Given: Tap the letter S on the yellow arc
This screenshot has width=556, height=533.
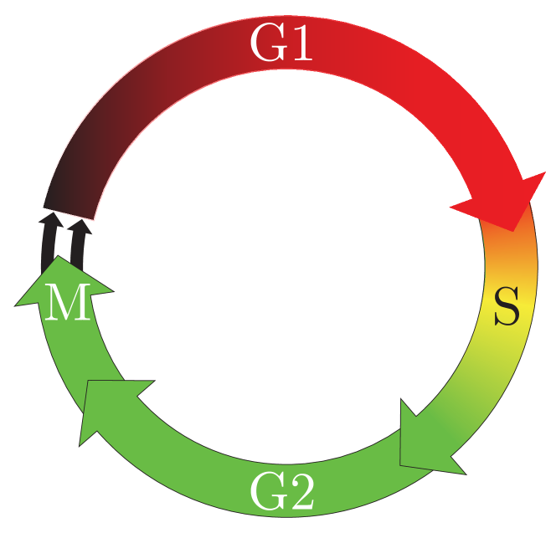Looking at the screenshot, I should click(x=507, y=307).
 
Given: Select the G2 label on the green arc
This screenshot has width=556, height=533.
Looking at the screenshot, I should click(x=282, y=493).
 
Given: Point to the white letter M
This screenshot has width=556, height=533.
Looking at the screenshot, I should click(x=67, y=304).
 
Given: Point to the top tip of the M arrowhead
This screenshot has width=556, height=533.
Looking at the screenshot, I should click(x=59, y=257).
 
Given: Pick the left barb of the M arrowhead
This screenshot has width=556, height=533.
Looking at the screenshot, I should click(x=18, y=304).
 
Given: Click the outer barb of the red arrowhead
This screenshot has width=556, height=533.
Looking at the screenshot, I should click(x=544, y=174).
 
